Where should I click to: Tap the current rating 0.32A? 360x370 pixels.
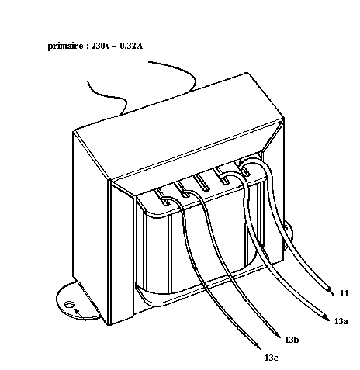131,46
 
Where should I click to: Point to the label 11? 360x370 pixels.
344,293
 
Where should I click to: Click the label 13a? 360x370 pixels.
341,321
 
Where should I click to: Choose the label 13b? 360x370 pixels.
292,340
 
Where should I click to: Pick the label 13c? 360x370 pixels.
272,358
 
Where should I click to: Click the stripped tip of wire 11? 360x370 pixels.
331,291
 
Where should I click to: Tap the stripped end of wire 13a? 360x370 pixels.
327,318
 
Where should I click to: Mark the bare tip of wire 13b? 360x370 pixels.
278,335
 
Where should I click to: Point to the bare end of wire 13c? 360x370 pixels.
258,347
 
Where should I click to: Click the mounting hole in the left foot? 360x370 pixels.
69,305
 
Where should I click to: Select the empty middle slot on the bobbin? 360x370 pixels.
202,182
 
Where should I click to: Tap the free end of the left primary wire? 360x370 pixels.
88,82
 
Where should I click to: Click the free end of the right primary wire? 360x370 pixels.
149,62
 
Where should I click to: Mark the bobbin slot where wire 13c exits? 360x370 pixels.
163,197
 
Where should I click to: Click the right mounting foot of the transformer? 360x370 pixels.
289,233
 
